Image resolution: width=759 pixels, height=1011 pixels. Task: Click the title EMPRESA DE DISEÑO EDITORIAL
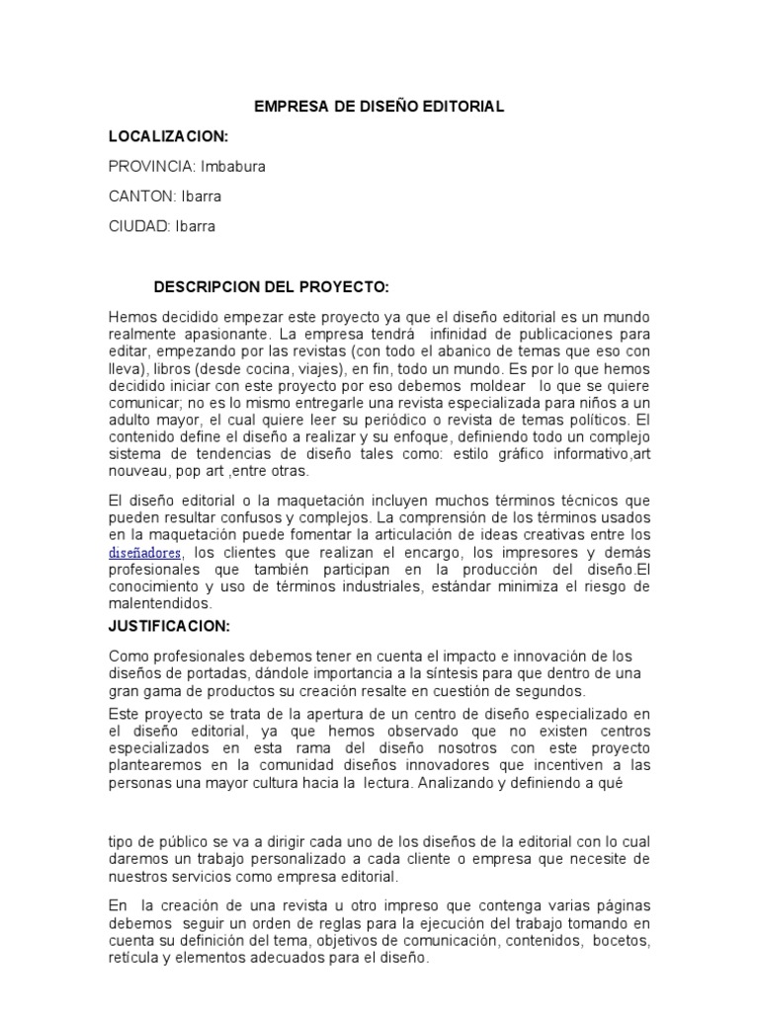[379, 107]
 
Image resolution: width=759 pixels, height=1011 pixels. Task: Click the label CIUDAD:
[138, 226]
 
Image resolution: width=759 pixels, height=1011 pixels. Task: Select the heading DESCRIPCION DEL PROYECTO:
[272, 287]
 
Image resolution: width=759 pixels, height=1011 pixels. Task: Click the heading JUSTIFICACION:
[169, 626]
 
